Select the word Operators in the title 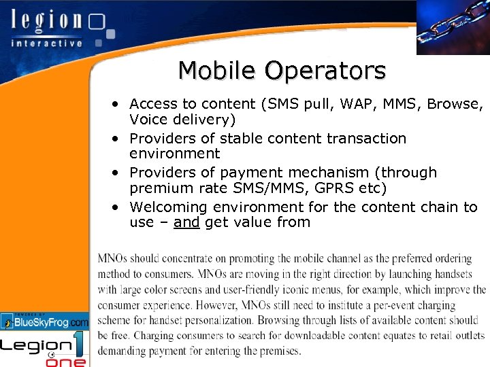[326, 71]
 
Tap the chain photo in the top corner [453, 27]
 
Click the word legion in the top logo [46, 20]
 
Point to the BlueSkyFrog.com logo [45, 321]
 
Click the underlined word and [186, 222]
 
